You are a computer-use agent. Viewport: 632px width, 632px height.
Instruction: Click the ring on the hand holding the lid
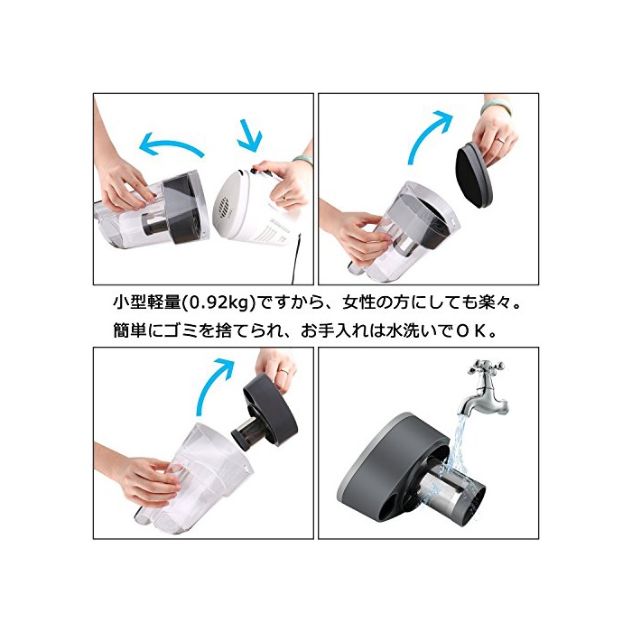point(500,139)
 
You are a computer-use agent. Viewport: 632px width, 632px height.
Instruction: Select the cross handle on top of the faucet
point(486,366)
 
